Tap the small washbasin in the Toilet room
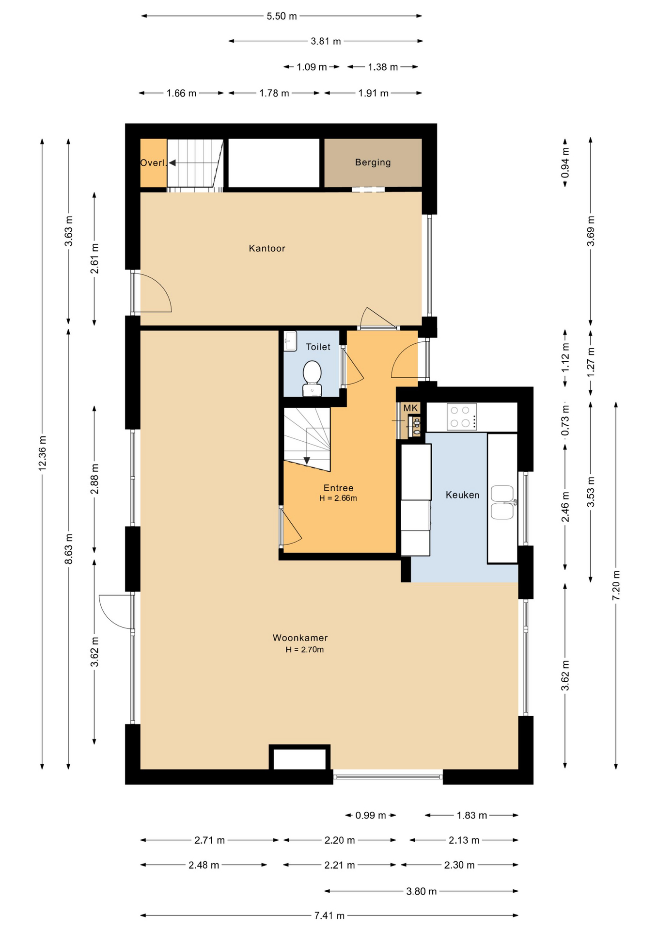pyautogui.click(x=290, y=341)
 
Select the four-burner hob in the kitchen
pyautogui.click(x=461, y=417)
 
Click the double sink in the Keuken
pyautogui.click(x=502, y=502)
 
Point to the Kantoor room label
pyautogui.click(x=267, y=248)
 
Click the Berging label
pyautogui.click(x=373, y=162)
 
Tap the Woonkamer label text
pyautogui.click(x=300, y=638)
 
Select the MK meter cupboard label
pyautogui.click(x=410, y=408)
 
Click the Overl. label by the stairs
pyautogui.click(x=153, y=163)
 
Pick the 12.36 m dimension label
pyautogui.click(x=43, y=453)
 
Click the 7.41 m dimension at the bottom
pyautogui.click(x=329, y=915)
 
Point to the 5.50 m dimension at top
pyautogui.click(x=282, y=16)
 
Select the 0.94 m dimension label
pyautogui.click(x=565, y=162)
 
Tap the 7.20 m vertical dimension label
pyautogui.click(x=616, y=585)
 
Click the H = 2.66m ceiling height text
pyautogui.click(x=338, y=498)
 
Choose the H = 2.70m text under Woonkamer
pyautogui.click(x=305, y=649)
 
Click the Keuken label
pyautogui.click(x=462, y=495)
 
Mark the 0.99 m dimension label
pyautogui.click(x=371, y=816)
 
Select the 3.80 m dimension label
pyautogui.click(x=422, y=891)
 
